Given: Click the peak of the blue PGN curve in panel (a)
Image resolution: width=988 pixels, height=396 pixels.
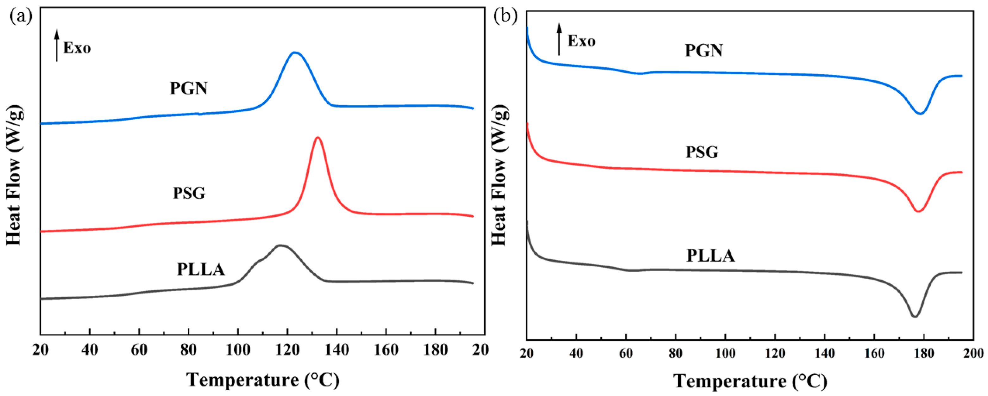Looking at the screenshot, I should point(294,53).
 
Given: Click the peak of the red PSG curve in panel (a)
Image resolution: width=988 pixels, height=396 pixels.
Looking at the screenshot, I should point(318,138).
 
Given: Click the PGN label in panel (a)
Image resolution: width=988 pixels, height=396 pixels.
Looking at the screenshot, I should point(189,89).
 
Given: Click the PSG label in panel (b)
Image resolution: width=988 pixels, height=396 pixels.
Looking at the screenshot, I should point(702,152).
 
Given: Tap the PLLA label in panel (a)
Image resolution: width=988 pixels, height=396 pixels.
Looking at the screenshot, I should point(201,269).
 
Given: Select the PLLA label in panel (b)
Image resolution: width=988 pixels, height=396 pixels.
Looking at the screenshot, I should point(710,256).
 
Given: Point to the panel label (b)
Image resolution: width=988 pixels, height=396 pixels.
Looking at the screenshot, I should point(505,17).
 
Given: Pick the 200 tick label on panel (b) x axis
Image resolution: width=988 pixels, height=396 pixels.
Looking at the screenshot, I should point(973,353).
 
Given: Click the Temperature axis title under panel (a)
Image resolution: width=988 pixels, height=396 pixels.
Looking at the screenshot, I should point(263,380).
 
